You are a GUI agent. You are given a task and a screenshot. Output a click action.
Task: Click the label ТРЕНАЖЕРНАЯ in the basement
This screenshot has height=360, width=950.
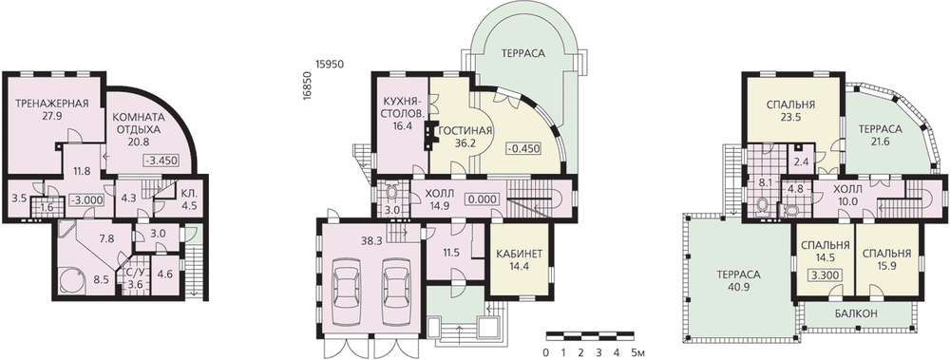click(52, 103)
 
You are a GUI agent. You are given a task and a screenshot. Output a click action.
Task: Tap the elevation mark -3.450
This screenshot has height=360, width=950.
click(161, 161)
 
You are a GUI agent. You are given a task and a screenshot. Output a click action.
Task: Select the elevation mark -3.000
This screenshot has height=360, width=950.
click(85, 199)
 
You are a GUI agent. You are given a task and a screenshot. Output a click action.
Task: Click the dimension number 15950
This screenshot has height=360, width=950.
click(329, 64)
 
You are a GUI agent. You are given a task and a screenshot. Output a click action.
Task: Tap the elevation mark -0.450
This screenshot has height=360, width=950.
click(522, 148)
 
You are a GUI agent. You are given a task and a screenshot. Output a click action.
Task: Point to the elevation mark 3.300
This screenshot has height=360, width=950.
click(824, 275)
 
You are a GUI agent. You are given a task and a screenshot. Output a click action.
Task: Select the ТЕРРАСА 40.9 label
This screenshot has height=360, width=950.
click(738, 280)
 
